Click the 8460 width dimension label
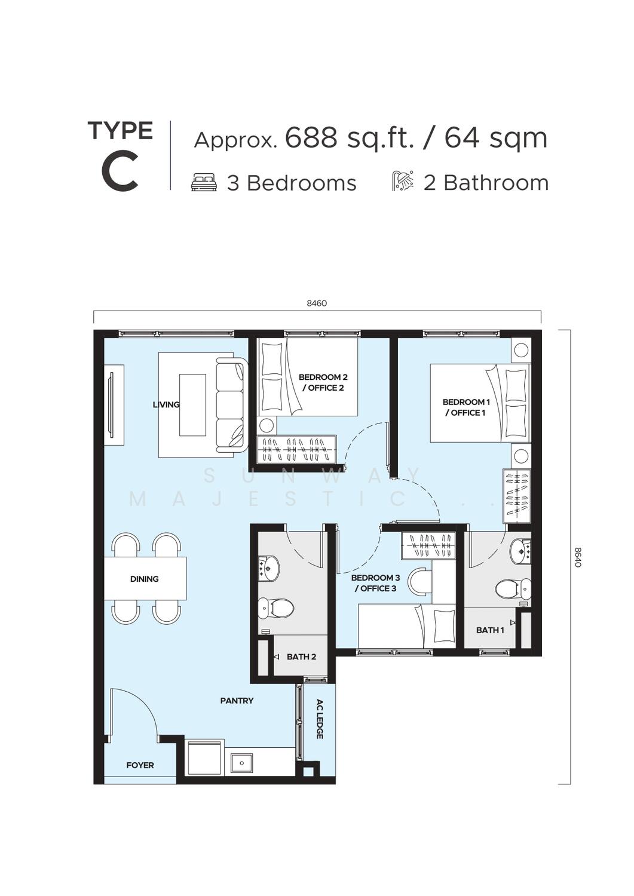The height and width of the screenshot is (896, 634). [317, 303]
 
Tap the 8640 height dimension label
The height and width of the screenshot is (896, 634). [577, 557]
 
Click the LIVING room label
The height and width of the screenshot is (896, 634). [166, 404]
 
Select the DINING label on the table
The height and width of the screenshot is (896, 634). [144, 579]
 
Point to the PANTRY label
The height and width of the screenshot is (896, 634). [237, 701]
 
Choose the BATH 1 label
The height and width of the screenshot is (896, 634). [490, 630]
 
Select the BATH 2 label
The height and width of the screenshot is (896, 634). [301, 657]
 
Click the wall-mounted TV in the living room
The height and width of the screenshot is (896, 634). [111, 404]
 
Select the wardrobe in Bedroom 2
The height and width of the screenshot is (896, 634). [296, 450]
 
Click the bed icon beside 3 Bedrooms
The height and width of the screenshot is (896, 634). [204, 183]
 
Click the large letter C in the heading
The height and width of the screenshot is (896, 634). [120, 172]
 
